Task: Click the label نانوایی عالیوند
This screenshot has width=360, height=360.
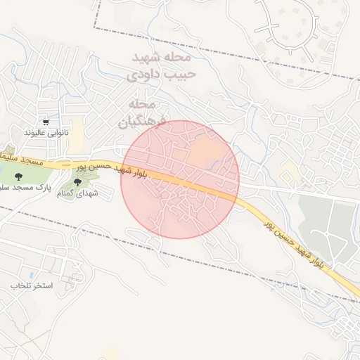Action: pos(44,132)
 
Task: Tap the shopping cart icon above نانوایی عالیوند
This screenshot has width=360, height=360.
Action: pos(46,121)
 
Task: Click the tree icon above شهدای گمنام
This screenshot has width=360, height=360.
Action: pos(77,182)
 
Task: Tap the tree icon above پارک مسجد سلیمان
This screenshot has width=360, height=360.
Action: pos(18,177)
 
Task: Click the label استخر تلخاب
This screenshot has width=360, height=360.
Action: pos(32,286)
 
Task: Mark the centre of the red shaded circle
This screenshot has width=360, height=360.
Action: pos(180,179)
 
